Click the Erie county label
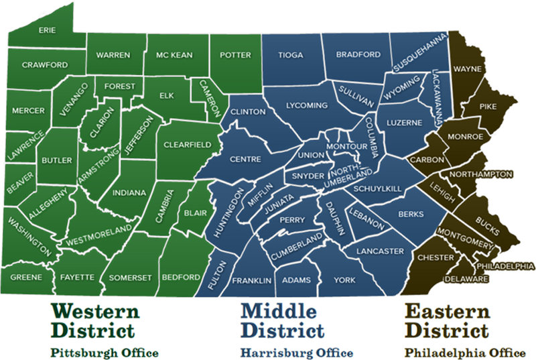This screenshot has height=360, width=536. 47,30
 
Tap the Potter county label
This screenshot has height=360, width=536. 236,55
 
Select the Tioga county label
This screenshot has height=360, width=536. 290,55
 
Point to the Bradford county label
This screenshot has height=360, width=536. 352,54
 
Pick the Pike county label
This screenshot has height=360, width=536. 488,106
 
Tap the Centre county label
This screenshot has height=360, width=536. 245,160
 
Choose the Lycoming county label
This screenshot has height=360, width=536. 306,105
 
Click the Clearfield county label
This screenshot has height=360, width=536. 188,144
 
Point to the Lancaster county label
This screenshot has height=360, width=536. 380,251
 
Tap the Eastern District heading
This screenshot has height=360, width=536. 448,320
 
